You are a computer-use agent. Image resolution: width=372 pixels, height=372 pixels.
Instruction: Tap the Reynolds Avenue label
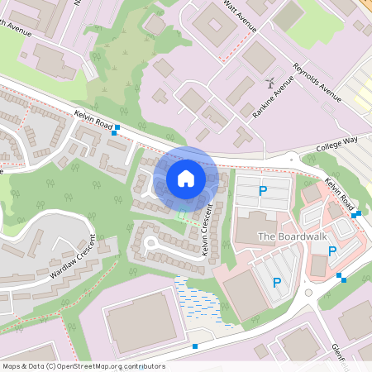pos(317,83)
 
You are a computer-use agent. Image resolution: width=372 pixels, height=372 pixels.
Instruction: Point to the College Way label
pos(337,144)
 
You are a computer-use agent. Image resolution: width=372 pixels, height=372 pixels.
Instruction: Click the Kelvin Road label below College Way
pos(340,193)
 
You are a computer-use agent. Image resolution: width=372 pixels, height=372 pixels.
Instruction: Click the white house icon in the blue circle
pos(186,178)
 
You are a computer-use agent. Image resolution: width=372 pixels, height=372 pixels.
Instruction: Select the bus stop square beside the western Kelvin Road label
pos(117,127)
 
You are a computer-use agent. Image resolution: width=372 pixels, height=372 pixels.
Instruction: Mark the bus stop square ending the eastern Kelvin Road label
pos(356,214)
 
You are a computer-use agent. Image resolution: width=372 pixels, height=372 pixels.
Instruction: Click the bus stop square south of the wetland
pos(195,346)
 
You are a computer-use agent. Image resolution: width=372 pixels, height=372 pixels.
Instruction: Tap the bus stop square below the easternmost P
pos(342,279)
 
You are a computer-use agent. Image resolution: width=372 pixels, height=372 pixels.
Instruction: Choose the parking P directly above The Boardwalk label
pos(263,192)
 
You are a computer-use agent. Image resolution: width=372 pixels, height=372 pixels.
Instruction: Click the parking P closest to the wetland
pos(276,283)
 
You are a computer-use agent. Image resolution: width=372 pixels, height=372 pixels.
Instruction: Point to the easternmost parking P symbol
pos(331,251)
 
